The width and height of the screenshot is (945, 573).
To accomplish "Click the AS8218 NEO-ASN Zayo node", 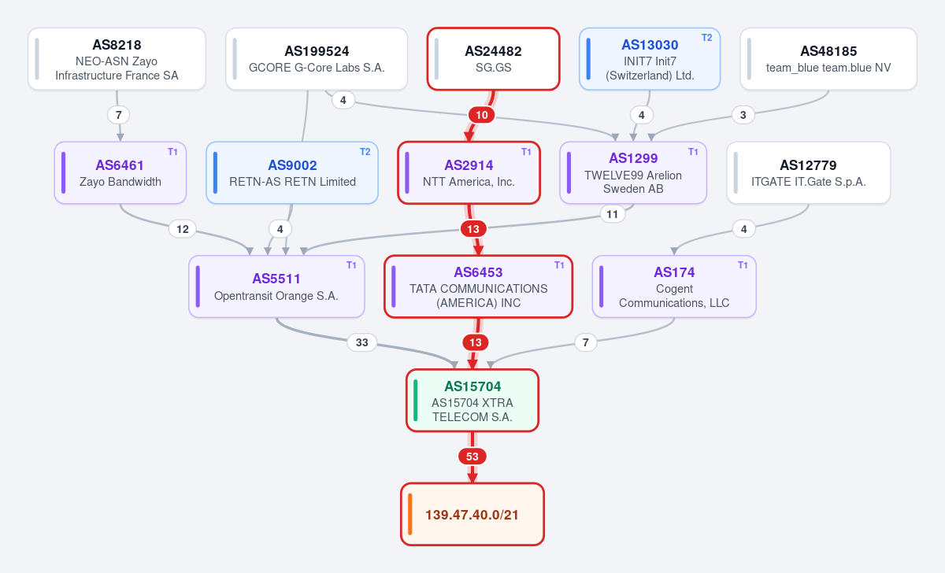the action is coord(117,59).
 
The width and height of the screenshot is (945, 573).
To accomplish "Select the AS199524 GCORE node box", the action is coord(317,59).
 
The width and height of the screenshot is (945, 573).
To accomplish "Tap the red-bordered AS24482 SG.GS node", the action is coord(493,59).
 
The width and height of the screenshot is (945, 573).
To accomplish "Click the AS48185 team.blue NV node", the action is coord(828,59).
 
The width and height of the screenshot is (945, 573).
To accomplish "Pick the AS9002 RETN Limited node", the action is coord(292,173).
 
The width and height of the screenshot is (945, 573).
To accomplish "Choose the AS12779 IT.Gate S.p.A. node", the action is coord(808,173).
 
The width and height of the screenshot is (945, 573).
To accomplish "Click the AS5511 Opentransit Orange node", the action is coord(276,286).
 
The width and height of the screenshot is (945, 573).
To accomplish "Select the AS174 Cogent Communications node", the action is coord(674,286).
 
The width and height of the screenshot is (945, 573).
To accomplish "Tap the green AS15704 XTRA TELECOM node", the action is coord(472,401).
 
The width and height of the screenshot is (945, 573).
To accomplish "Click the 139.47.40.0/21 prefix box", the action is coord(472,515).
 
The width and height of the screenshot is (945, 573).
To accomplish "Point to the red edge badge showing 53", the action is coord(472,457).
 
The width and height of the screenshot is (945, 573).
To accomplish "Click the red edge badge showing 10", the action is coord(482,115).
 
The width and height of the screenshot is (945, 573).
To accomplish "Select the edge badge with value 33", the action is coord(362,342).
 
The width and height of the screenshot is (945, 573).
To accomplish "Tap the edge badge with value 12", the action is coord(182,229).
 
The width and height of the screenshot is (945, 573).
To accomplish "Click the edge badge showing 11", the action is coord(612,214).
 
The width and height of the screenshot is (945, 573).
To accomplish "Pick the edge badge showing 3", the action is coord(743,115).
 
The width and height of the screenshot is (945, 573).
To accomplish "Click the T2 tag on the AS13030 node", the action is coord(706,38).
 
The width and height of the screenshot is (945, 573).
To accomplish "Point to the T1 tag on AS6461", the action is coord(172,152).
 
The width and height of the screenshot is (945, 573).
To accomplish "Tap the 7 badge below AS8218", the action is coord(119,115).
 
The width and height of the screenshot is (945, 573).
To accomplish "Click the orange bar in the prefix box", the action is coord(410,515).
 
